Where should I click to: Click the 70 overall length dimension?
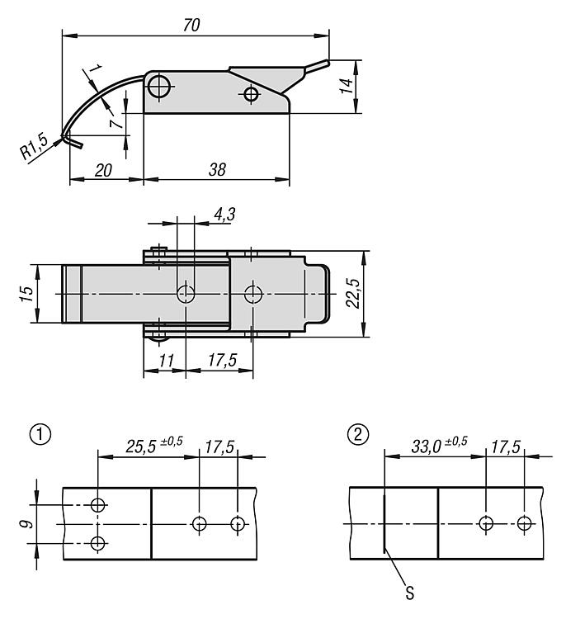coord(191,25)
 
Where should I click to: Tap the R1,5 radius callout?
coord(34,147)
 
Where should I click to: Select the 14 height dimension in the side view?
coord(347,86)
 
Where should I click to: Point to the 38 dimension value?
coord(217,170)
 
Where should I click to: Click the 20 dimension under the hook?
coord(103,170)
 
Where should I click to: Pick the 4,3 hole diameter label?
coord(224,215)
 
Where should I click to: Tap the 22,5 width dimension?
coord(353,293)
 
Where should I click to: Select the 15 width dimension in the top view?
coord(27,294)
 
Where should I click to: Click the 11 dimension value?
coord(166,360)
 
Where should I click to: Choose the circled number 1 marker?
coord(40,435)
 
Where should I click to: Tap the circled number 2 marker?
coord(358,435)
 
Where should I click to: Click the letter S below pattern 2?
coord(410,593)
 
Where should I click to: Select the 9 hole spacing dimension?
coord(27,524)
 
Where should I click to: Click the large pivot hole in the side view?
coord(159,86)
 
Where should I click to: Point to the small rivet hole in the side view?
coord(250,94)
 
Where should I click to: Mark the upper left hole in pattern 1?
coord(97,504)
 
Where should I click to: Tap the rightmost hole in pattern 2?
coord(524,524)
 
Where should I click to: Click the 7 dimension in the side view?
coord(116,124)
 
